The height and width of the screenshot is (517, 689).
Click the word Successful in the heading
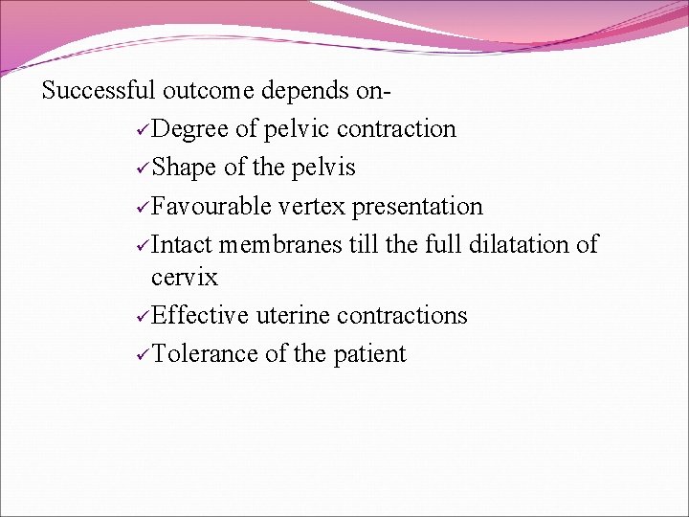point(99,91)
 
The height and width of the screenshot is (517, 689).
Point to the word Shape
point(184,168)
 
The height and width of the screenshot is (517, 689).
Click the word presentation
point(417,206)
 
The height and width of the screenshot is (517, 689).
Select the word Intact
point(182,244)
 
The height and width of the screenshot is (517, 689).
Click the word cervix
point(185,278)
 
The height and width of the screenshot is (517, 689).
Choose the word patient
point(369,353)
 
